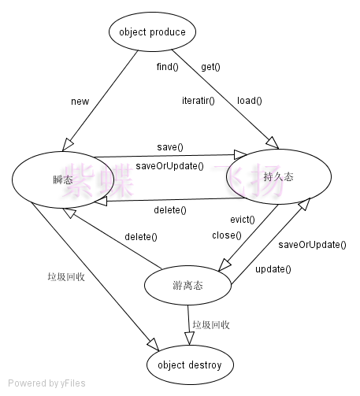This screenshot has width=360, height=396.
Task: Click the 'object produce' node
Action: (x=152, y=31)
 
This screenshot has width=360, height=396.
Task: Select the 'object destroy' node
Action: (x=190, y=365)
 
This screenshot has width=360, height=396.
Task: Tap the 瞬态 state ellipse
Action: (x=63, y=179)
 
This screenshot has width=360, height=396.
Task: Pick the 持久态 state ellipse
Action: (x=279, y=176)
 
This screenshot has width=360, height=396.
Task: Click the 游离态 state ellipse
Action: (x=187, y=285)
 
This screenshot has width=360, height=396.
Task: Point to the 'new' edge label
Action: (x=80, y=102)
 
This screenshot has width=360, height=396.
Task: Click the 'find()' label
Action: (x=168, y=67)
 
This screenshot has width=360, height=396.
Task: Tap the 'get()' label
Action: (x=210, y=67)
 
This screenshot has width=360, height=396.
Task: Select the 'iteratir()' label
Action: (x=199, y=101)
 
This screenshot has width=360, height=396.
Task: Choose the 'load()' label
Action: (x=250, y=101)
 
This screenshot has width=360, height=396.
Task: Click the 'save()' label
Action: (x=170, y=147)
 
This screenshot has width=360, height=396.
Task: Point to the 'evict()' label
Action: (x=243, y=220)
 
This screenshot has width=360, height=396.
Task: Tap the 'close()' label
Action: (x=227, y=235)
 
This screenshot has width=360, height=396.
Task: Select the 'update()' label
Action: (x=273, y=269)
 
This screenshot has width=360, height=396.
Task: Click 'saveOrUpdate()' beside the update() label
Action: (x=312, y=245)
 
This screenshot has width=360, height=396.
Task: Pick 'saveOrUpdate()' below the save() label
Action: (x=169, y=166)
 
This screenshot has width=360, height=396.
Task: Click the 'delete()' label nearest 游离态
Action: (x=141, y=237)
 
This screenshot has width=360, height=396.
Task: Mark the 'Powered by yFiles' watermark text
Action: (x=46, y=383)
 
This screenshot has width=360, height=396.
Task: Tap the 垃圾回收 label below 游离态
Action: (x=211, y=325)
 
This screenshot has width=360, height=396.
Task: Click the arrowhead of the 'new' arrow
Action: (x=67, y=145)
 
